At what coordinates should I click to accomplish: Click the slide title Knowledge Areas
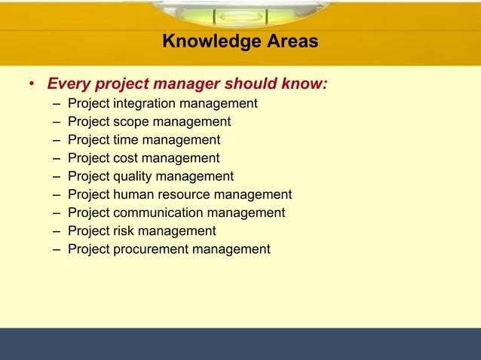[240, 41]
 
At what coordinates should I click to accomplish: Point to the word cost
[125, 158]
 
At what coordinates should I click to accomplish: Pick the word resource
[183, 194]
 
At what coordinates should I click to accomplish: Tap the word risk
[123, 230]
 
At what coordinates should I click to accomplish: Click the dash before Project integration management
[57, 104]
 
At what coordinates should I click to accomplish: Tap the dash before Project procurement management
[57, 249]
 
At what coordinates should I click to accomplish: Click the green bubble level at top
[240, 14]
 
